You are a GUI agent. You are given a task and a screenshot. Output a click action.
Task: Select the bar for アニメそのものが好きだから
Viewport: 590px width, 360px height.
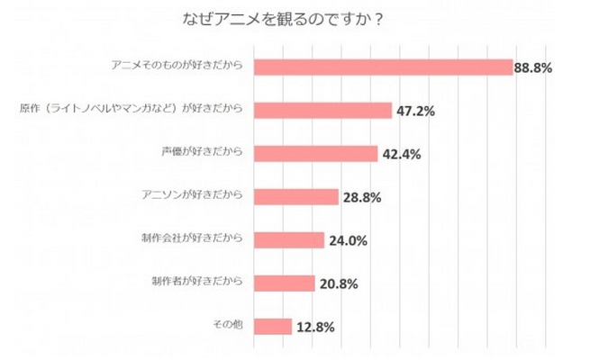pyautogui.click(x=384, y=67)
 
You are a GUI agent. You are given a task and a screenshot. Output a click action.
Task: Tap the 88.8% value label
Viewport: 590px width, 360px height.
pyautogui.click(x=533, y=67)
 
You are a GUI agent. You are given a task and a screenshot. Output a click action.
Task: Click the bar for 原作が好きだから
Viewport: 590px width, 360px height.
pyautogui.click(x=323, y=111)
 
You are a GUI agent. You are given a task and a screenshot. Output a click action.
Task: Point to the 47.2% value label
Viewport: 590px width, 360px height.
pyautogui.click(x=415, y=111)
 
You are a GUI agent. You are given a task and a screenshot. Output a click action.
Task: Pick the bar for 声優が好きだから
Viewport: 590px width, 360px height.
pyautogui.click(x=316, y=153)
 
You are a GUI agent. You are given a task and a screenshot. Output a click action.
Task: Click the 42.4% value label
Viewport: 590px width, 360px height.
pyautogui.click(x=401, y=154)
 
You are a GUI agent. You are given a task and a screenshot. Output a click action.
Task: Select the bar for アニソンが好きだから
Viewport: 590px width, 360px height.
pyautogui.click(x=296, y=196)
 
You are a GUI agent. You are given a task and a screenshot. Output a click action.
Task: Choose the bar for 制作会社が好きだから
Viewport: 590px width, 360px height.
pyautogui.click(x=289, y=239)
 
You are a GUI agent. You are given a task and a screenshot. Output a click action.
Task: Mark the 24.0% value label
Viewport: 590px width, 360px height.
pyautogui.click(x=347, y=240)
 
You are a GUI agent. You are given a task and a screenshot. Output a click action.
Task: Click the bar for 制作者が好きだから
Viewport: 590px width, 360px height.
pyautogui.click(x=285, y=283)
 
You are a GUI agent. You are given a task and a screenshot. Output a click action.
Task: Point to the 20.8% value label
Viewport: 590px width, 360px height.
pyautogui.click(x=338, y=283)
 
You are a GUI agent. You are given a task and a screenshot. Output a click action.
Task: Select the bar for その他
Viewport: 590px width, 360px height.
pyautogui.click(x=273, y=326)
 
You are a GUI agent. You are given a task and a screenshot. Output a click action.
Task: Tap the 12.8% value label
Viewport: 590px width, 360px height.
pyautogui.click(x=314, y=327)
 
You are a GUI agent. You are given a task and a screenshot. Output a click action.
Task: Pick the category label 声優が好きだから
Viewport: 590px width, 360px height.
pyautogui.click(x=208, y=153)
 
